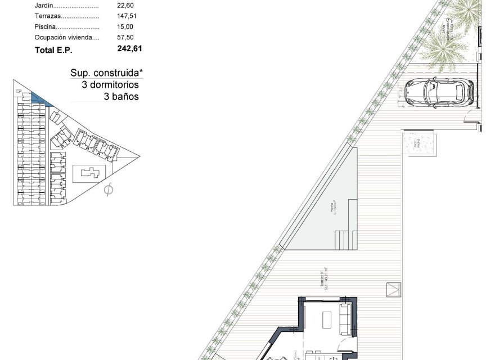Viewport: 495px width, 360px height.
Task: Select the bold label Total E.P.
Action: tap(54, 50)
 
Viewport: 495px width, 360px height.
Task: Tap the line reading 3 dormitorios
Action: tap(110, 85)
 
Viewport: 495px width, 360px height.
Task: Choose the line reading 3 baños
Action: tap(121, 97)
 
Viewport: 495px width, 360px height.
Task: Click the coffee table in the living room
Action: tap(327, 319)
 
